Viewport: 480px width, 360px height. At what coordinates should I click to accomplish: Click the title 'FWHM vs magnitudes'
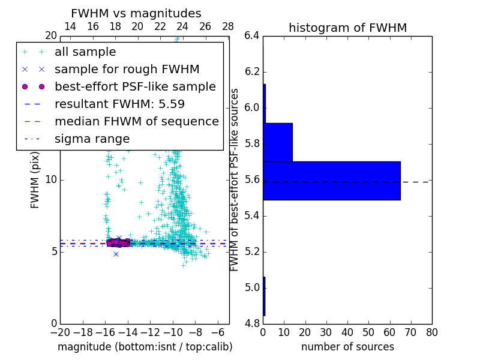(x=136, y=13)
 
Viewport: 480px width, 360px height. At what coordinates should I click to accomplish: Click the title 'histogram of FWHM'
(x=347, y=28)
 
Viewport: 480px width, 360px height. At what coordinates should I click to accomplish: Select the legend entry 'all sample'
(x=85, y=52)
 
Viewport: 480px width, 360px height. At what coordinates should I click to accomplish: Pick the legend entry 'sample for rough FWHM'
(x=127, y=69)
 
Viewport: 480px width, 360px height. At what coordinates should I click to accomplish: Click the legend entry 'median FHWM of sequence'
(x=136, y=121)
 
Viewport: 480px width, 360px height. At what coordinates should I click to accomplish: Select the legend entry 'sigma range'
(x=92, y=139)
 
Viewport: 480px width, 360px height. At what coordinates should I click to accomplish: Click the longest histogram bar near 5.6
(x=332, y=181)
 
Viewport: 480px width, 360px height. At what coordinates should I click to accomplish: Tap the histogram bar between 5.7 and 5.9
(x=278, y=142)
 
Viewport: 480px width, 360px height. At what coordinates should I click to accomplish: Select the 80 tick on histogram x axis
(x=431, y=332)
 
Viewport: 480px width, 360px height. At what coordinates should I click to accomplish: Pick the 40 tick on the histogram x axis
(x=347, y=332)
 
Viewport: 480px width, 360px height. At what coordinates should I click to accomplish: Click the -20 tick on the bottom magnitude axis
(x=60, y=332)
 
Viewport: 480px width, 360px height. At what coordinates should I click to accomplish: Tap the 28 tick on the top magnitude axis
(x=228, y=26)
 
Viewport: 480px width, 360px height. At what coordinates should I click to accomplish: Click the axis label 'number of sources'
(x=347, y=347)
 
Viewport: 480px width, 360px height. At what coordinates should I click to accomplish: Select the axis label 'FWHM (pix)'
(x=35, y=180)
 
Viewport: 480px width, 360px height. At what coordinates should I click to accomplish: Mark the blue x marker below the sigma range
(x=116, y=254)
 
